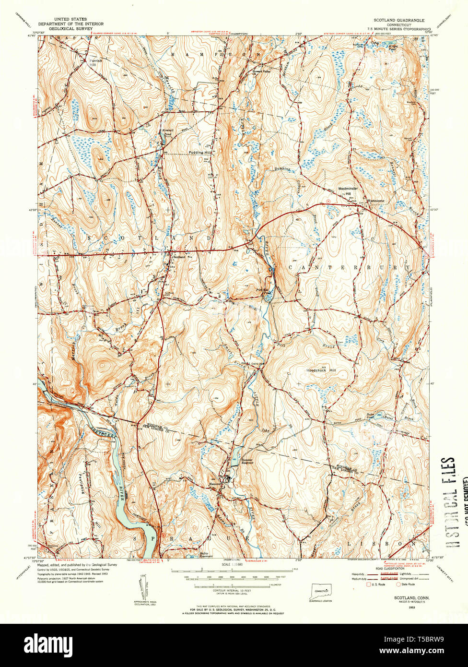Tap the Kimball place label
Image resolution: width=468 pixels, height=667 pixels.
(x=166, y=131)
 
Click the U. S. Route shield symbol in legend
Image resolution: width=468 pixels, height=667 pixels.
(x=369, y=584)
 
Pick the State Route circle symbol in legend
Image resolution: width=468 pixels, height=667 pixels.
(x=398, y=584)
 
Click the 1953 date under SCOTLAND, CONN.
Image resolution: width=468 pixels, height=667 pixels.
(x=411, y=607)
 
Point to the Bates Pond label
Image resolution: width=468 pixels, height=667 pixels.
(x=357, y=416)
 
